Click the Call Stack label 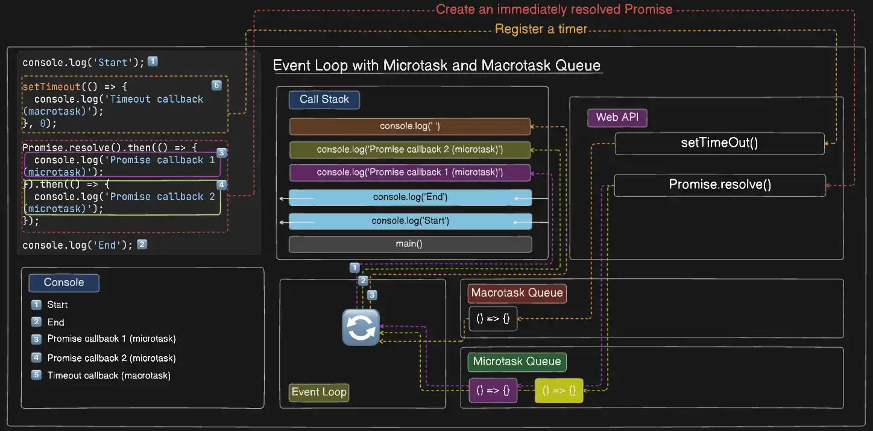pos(324,100)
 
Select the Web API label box pos(617,117)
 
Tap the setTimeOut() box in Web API pos(719,143)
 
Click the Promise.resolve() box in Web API pos(720,185)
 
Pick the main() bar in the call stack pos(410,244)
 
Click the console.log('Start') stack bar pos(410,221)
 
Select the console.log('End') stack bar pos(410,197)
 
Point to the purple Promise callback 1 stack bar pos(410,173)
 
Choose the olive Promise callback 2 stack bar pos(410,150)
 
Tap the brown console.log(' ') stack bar pos(410,126)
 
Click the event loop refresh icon pos(361,327)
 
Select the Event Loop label pos(319,392)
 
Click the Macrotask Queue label pos(517,293)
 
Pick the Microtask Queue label pos(517,362)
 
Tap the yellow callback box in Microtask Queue pos(559,391)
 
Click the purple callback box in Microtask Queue pos(493,391)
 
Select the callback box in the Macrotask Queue pos(493,319)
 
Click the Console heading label pos(64,283)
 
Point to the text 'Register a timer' pos(541,29)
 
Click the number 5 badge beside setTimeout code pos(216,86)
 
